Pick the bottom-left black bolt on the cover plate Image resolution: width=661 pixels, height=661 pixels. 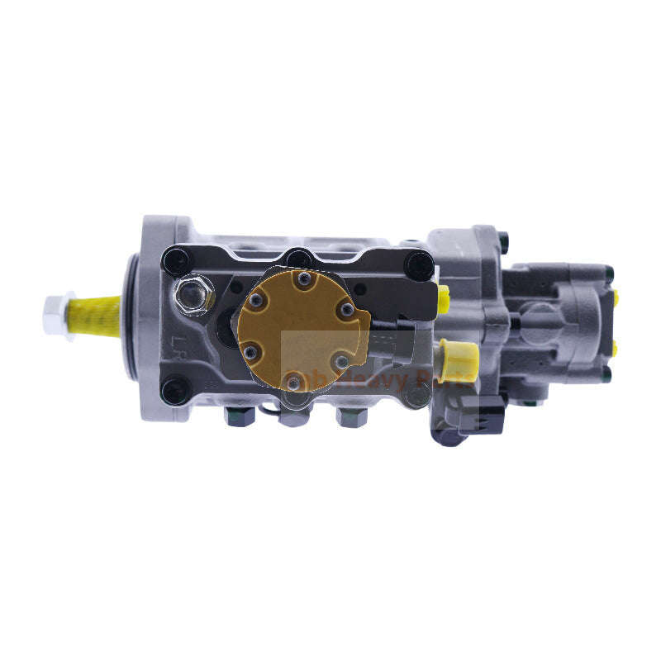coord(174,391)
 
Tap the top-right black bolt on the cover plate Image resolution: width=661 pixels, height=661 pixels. coord(420,265)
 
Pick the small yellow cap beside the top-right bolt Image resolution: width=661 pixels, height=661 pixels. coord(442,291)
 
